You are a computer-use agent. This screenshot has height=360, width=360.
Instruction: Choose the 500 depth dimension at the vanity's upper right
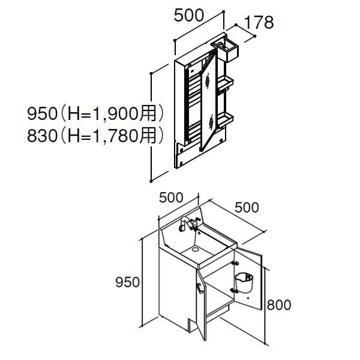pyautogui.click(x=247, y=208)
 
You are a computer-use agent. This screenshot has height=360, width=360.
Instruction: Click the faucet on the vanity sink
pyautogui.click(x=187, y=226)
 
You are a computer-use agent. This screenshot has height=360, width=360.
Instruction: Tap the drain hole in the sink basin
pyautogui.click(x=195, y=248)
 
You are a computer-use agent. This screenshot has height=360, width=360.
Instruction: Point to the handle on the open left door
pyautogui.click(x=199, y=290)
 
